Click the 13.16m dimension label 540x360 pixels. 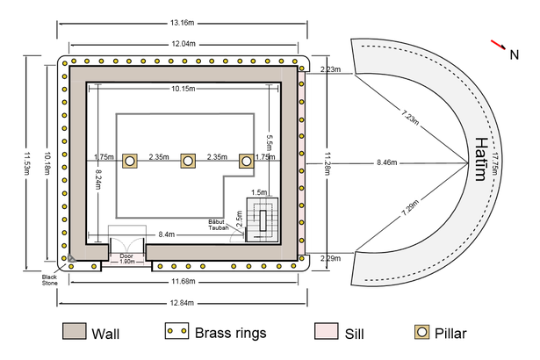[x=182, y=23]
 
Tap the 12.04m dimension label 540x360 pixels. [x=184, y=44]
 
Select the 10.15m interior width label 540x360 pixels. [x=184, y=89]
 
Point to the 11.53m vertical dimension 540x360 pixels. [x=26, y=163]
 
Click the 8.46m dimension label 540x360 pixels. [x=386, y=162]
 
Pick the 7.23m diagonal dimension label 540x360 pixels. [x=410, y=117]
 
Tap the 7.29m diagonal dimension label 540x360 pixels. [x=410, y=208]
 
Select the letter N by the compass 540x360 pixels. [x=515, y=54]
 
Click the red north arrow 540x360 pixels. [x=499, y=45]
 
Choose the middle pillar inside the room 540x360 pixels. [x=188, y=161]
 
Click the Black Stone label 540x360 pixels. [x=49, y=280]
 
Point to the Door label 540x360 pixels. [x=126, y=256]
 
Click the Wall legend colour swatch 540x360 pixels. [x=75, y=331]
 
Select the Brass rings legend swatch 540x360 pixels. [x=176, y=331]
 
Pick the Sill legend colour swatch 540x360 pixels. [x=326, y=331]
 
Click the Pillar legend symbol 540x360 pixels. [x=421, y=332]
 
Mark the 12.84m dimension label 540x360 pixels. [x=182, y=303]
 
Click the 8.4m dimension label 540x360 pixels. [x=166, y=234]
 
